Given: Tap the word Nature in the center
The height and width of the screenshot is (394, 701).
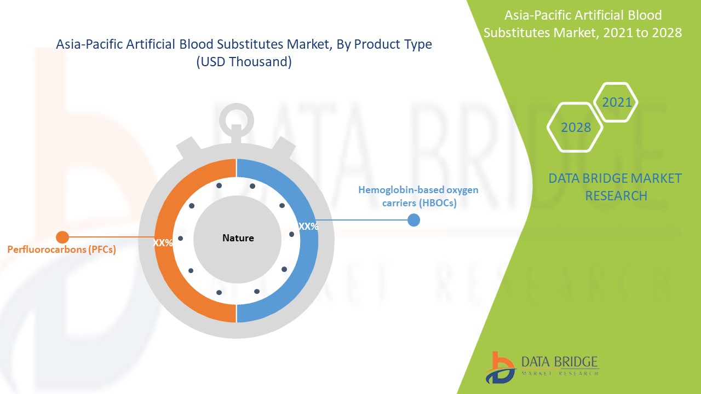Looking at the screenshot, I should (238, 238).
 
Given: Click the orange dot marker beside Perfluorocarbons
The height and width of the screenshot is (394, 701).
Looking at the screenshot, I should (62, 237).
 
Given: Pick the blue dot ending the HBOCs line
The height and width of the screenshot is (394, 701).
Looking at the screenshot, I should (413, 220).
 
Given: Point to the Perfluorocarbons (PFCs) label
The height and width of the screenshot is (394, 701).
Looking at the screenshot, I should (61, 250).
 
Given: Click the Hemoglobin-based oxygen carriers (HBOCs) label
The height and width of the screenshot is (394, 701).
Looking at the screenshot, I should (418, 196).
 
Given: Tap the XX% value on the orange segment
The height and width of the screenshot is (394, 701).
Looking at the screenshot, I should (163, 243).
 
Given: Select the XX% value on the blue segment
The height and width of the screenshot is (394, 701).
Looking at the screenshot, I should (308, 226).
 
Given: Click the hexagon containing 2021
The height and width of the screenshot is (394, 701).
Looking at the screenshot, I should (616, 102).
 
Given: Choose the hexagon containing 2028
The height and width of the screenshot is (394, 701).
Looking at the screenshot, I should (576, 127).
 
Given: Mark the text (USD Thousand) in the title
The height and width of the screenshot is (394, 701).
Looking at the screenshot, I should (244, 62).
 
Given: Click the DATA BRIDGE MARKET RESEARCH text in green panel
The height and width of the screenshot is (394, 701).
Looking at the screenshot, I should (616, 187).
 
